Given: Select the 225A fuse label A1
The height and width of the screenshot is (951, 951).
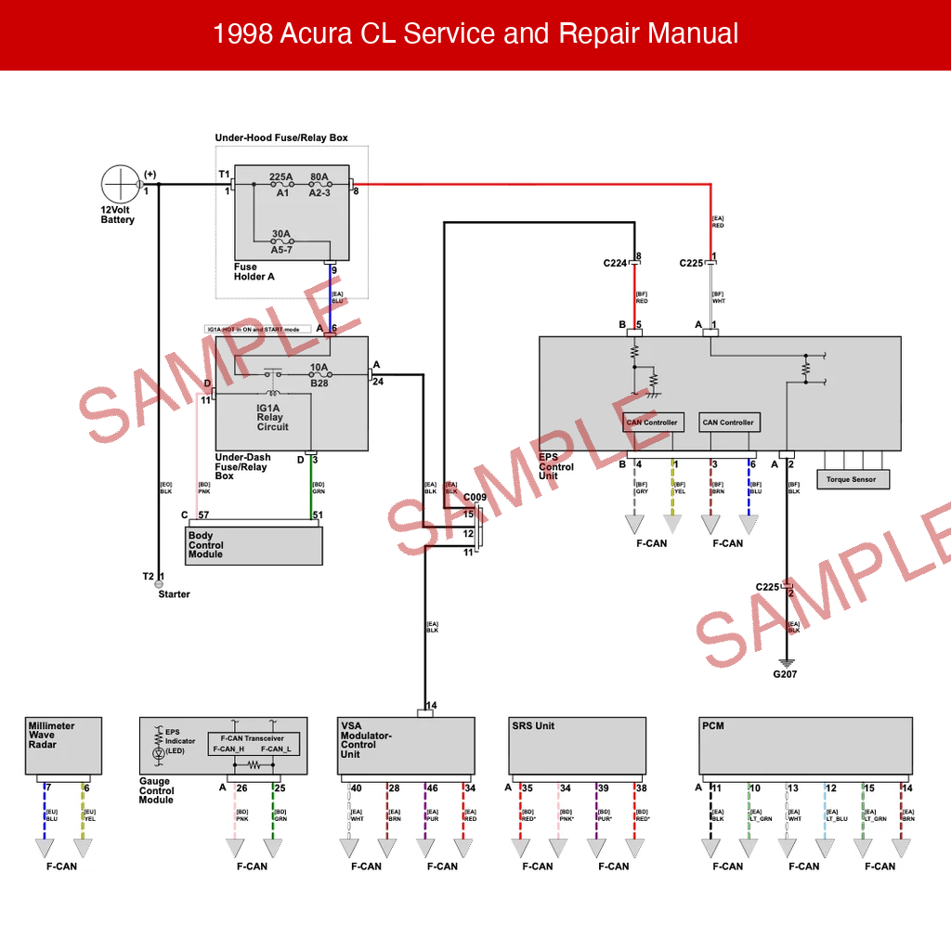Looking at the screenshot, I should tap(282, 193).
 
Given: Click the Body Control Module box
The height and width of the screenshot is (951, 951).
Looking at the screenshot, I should tap(254, 545).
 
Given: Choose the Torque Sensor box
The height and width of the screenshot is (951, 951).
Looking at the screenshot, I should tap(852, 479).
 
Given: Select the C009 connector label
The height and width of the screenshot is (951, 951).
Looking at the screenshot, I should tap(475, 498).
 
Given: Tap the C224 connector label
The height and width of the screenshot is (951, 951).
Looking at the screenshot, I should tap(615, 264).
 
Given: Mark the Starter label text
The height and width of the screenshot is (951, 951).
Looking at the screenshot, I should tap(174, 594).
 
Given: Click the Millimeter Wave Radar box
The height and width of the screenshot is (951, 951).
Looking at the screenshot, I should tap(63, 745).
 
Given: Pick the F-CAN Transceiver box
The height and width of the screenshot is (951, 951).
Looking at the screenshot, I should tap(254, 743).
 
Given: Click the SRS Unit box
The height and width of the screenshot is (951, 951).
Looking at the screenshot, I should tap(577, 746).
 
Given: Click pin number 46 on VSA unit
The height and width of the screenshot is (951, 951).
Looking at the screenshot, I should tap(432, 788).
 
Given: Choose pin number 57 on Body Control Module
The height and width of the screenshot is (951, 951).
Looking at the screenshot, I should tap(202, 515).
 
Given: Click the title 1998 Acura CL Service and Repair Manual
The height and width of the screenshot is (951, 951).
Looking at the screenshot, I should tap(475, 34).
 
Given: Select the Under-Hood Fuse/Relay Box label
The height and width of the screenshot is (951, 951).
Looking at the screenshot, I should tap(281, 137).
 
